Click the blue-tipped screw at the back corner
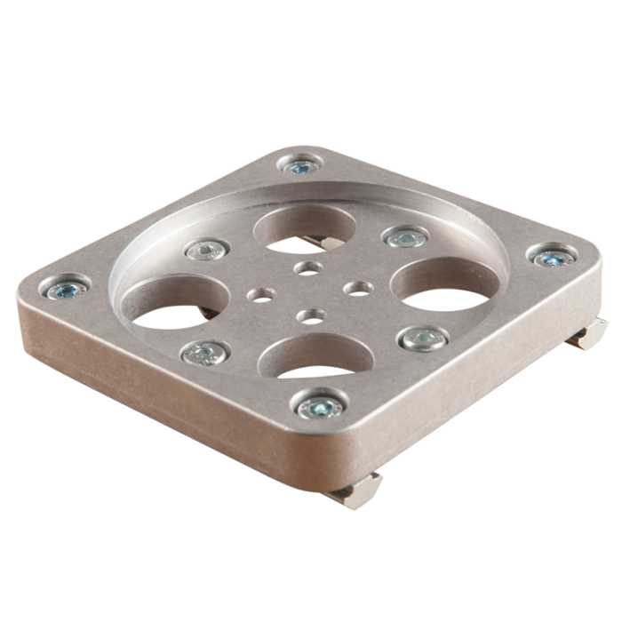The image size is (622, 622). [299, 166]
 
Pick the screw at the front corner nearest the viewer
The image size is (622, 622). [320, 407]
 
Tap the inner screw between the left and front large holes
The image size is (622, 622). [203, 354]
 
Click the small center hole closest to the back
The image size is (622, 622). [307, 266]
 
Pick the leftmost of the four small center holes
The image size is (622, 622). [259, 291]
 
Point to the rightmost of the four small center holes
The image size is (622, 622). [360, 287]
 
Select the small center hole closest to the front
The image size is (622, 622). [312, 315]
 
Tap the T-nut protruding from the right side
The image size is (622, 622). [590, 332]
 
